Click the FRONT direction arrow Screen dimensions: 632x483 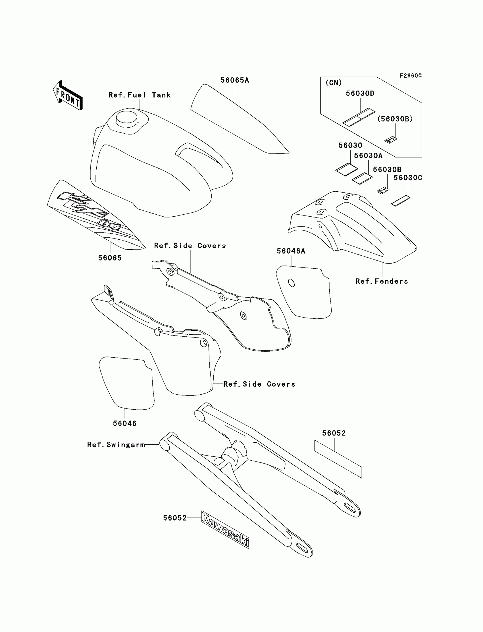point(68,96)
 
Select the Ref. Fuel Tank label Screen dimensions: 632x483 point(140,95)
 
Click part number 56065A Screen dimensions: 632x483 point(235,80)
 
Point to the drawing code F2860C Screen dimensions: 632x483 point(411,76)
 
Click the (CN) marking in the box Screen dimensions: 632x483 point(334,83)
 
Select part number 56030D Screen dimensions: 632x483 point(360,94)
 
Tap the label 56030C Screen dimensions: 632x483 point(408,178)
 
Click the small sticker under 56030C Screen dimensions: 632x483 point(401,201)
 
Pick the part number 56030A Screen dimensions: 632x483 point(368,156)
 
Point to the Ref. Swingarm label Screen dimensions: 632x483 point(116,445)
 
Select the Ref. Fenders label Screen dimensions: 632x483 point(382,281)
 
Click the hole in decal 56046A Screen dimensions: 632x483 point(291,283)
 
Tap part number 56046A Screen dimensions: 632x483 point(291,251)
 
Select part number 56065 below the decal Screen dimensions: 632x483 point(110,258)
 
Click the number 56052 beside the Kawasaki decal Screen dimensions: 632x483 point(175,518)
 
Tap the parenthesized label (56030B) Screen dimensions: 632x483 point(395,119)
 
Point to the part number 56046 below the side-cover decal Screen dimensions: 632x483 point(124,423)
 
